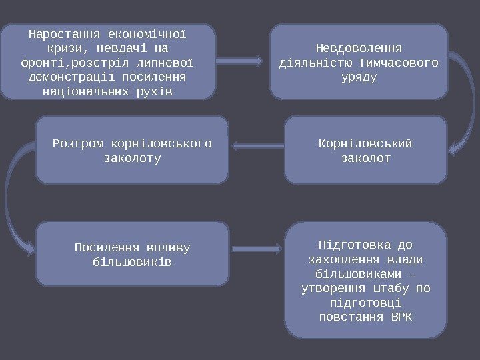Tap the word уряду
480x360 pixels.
coord(359,77)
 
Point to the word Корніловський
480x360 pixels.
coord(365,143)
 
